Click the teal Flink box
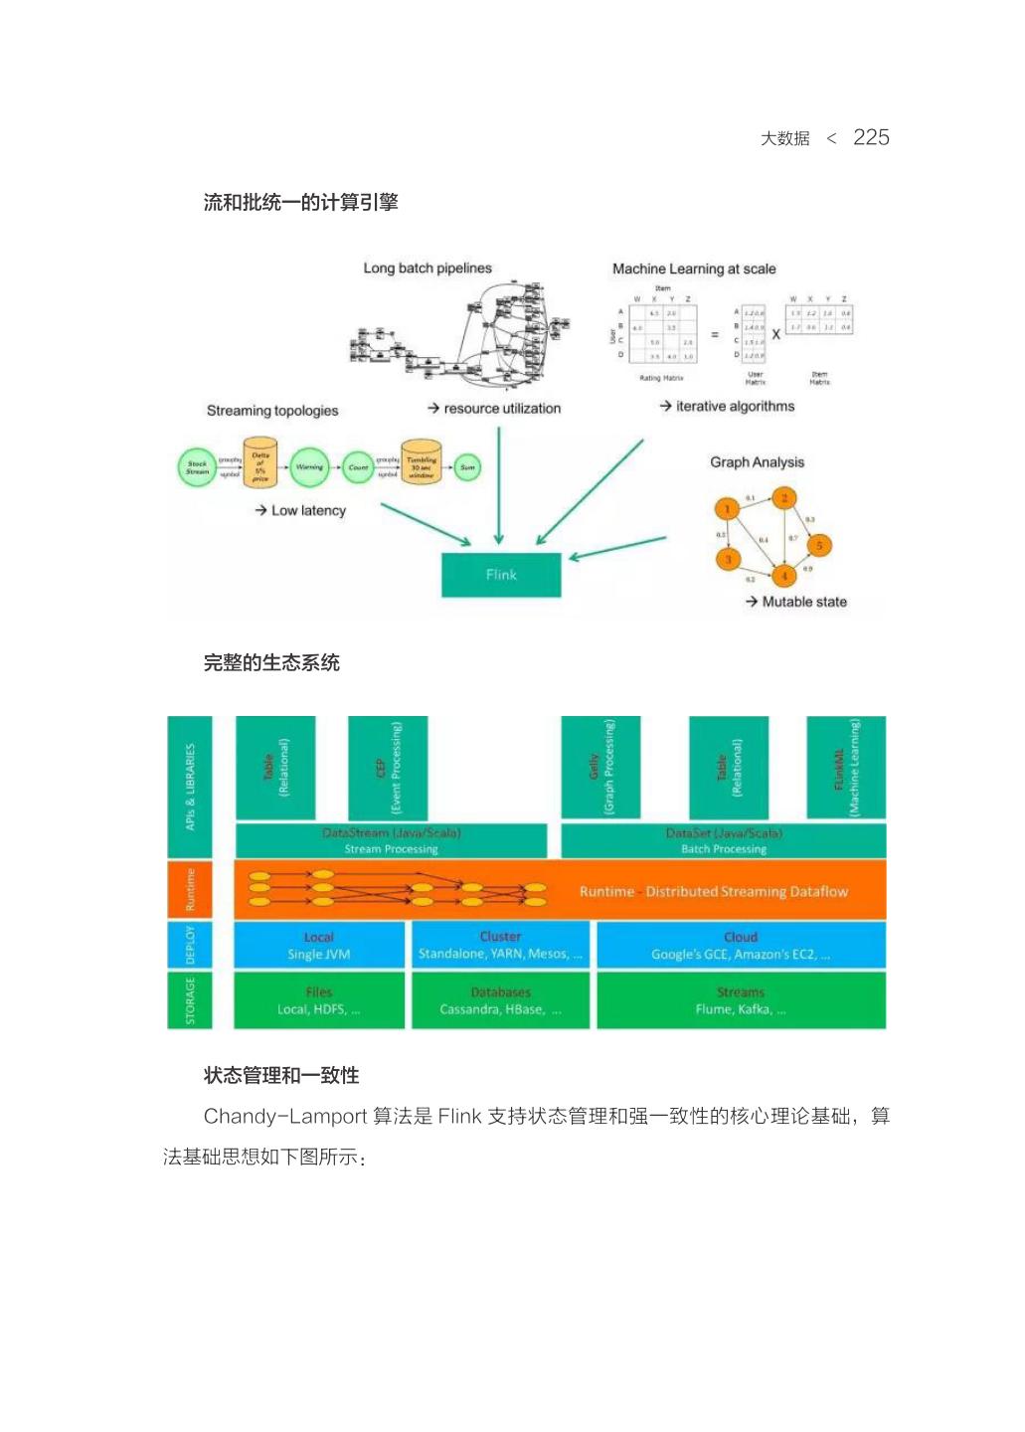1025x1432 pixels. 501,575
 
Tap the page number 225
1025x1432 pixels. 871,137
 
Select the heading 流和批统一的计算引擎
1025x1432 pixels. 300,203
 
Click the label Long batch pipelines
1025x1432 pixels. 427,268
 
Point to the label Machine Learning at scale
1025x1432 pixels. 694,268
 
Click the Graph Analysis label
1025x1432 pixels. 757,462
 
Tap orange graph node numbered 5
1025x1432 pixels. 819,545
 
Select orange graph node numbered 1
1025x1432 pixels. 727,509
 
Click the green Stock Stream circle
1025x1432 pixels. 197,467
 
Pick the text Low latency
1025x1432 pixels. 308,510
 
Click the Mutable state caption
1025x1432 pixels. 803,602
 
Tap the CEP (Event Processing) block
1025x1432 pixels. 388,768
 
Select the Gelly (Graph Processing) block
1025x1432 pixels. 600,768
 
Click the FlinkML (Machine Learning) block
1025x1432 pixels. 846,768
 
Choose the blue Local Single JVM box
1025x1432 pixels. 319,946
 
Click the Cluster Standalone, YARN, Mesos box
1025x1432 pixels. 500,946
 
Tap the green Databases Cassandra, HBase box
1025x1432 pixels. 500,1000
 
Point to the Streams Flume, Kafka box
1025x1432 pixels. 741,1000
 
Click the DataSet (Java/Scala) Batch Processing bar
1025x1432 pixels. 724,841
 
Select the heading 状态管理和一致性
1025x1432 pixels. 281,1075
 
